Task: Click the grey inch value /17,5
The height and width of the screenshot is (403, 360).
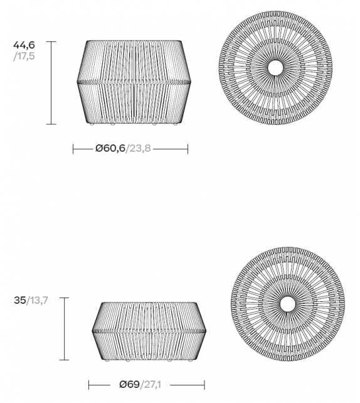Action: (x=23, y=56)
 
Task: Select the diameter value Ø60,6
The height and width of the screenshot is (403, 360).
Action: (x=110, y=149)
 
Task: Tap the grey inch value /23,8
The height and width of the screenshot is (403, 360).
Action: (x=139, y=149)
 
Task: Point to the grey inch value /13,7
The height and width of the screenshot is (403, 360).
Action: (x=37, y=301)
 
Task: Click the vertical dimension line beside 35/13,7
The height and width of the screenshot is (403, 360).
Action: (x=64, y=328)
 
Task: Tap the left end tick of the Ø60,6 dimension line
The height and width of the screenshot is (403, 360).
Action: (x=74, y=149)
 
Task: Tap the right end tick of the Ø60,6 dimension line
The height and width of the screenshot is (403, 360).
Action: (x=188, y=149)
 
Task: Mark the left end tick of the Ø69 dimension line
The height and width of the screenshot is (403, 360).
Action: (x=89, y=384)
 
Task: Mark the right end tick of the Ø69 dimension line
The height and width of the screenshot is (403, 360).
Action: (x=204, y=384)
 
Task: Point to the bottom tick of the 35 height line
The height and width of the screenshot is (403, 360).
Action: (x=64, y=360)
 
